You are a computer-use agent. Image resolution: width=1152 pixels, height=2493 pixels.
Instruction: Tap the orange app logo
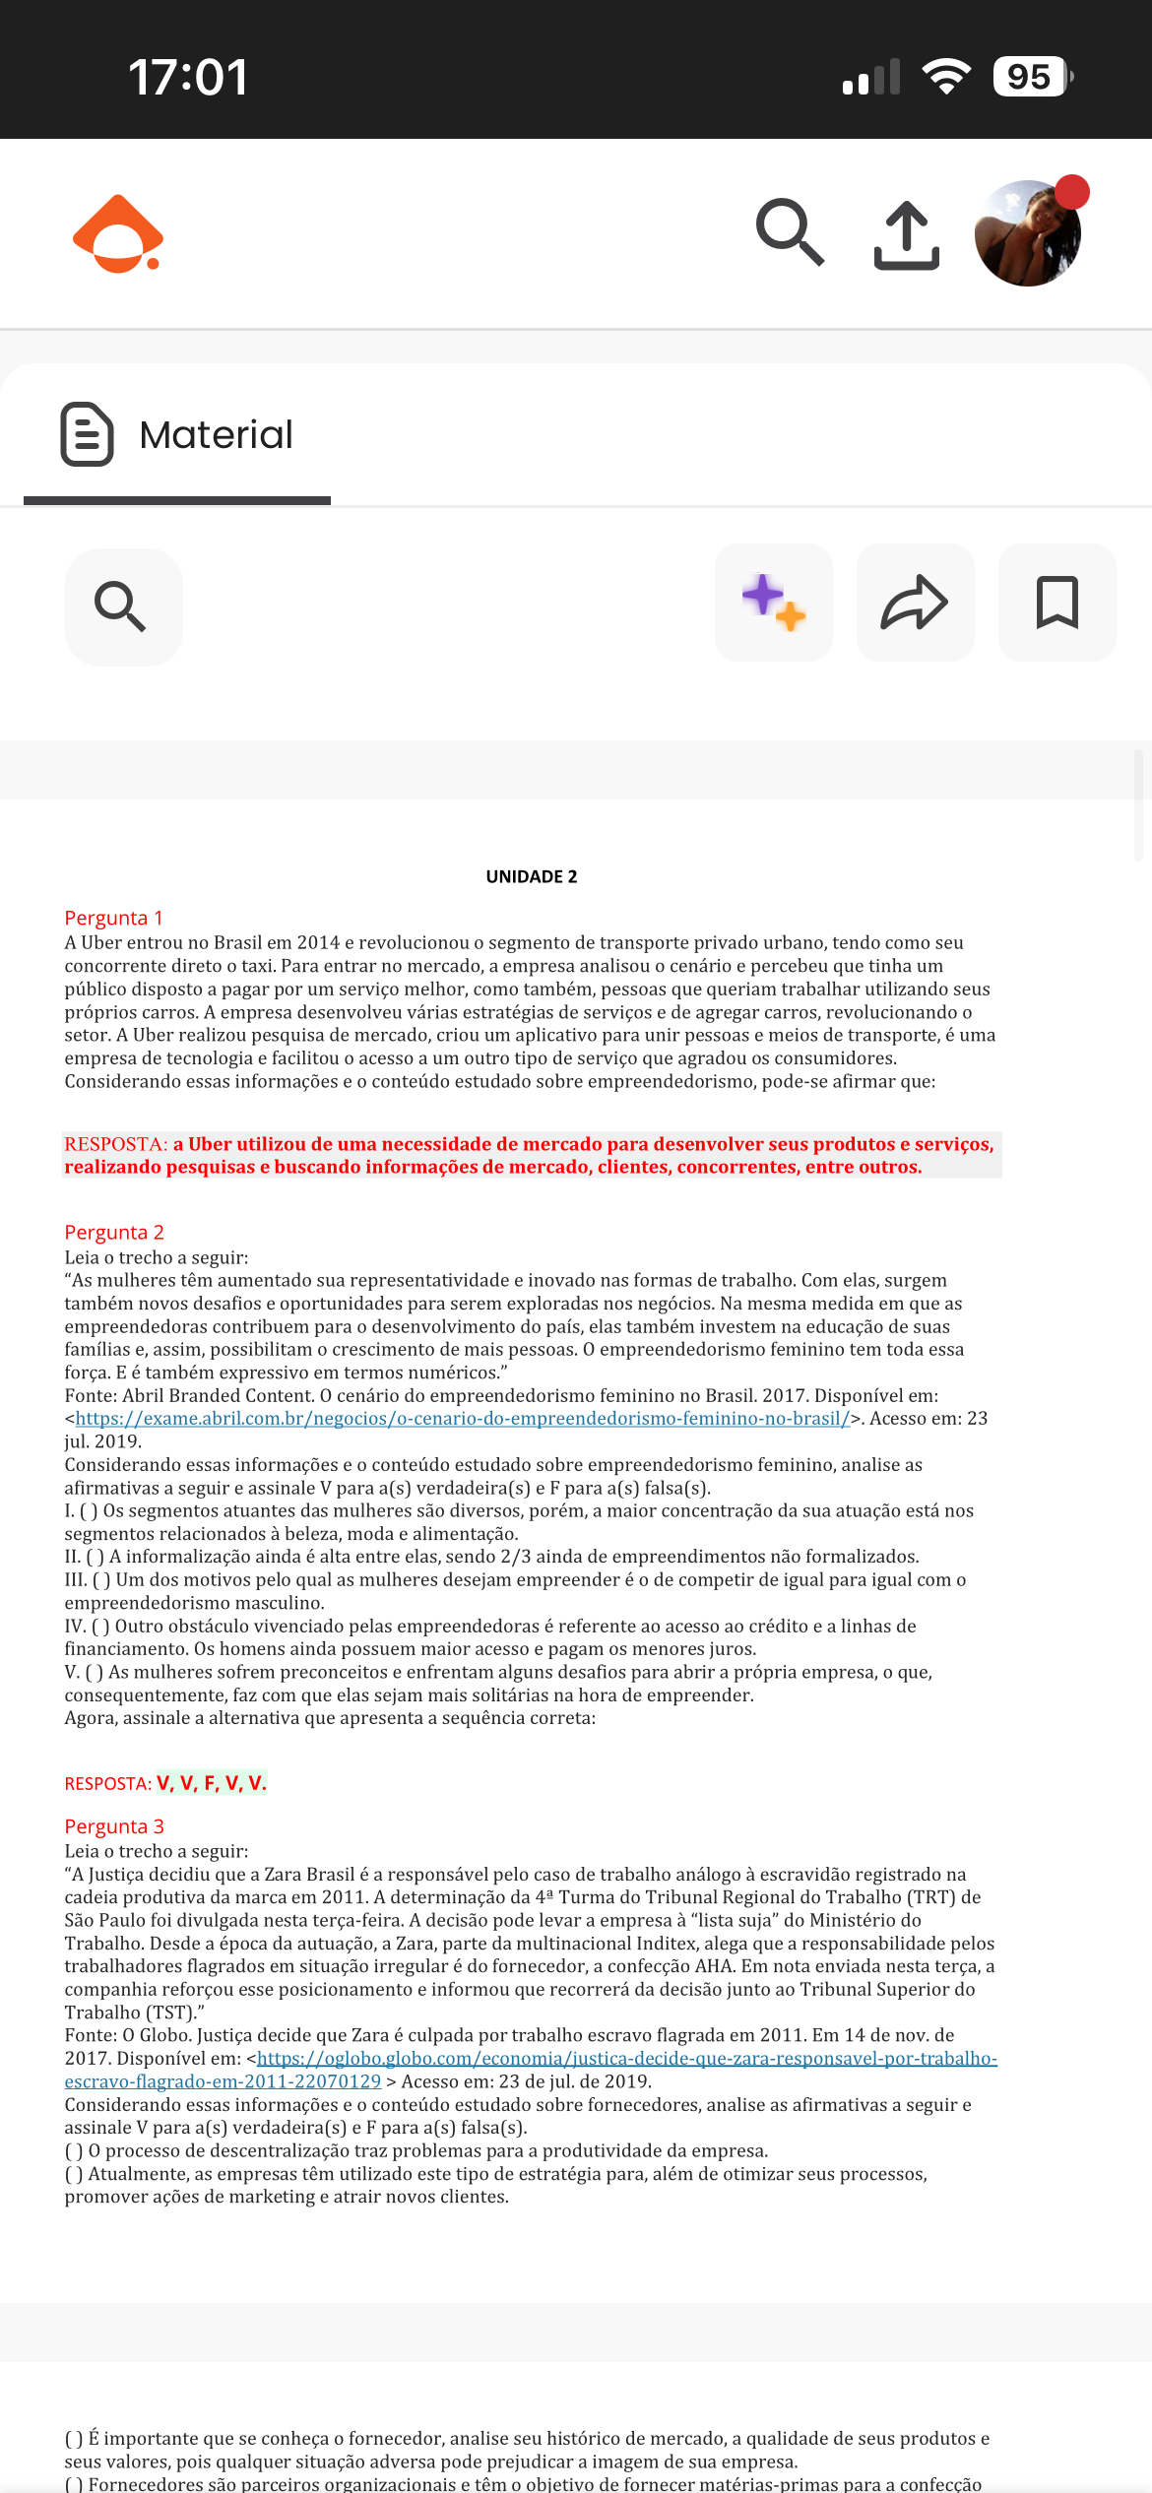click(118, 234)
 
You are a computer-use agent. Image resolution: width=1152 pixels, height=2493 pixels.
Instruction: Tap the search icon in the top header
click(790, 232)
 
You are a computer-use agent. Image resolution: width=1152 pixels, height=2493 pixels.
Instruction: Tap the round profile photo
click(1027, 233)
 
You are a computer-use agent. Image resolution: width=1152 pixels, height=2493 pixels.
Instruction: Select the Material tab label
click(216, 434)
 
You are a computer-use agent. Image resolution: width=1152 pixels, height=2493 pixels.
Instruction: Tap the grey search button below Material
click(123, 606)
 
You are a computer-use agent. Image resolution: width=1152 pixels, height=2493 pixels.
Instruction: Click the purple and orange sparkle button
click(774, 603)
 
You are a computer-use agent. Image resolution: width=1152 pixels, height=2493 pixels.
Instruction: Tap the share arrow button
click(915, 603)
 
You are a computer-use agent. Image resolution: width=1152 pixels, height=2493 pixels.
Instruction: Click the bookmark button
click(1057, 603)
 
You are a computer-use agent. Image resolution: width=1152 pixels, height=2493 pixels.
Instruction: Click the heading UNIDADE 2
click(532, 876)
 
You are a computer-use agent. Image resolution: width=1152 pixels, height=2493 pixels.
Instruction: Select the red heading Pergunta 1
click(114, 918)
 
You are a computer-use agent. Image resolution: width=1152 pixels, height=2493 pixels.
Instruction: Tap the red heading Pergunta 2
click(114, 1233)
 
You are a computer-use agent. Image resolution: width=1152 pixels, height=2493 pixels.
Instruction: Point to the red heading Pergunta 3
click(114, 1826)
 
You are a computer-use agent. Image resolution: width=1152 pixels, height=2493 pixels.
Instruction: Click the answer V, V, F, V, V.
click(212, 1783)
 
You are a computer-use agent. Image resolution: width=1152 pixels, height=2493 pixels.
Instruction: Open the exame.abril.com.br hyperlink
click(462, 1419)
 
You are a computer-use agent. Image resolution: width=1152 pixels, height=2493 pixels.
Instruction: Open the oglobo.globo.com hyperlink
click(626, 2058)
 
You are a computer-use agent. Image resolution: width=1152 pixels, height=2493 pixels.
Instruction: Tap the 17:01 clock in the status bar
click(188, 77)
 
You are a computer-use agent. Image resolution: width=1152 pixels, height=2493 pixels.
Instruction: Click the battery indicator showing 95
click(1031, 77)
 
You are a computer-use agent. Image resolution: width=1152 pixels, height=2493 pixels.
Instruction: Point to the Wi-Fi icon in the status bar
click(946, 77)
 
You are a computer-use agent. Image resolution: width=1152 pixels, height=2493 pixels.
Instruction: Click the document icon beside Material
click(87, 434)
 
